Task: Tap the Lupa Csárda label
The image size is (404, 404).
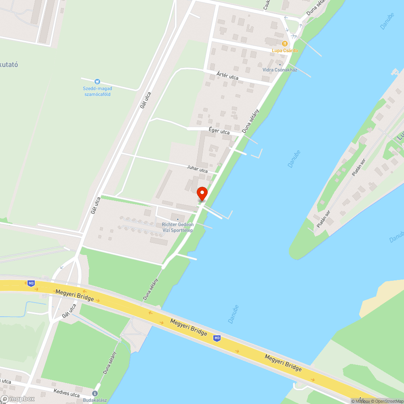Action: [x=284, y=50]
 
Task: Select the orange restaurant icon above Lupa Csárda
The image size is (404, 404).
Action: [x=284, y=43]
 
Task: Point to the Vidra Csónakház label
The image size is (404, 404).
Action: [x=280, y=70]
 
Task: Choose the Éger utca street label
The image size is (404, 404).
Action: [x=219, y=131]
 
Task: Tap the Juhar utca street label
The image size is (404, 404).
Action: [x=197, y=169]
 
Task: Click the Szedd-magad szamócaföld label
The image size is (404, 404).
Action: [x=97, y=91]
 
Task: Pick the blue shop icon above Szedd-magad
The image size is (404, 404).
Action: [x=97, y=82]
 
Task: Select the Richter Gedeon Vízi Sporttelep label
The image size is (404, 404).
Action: [x=177, y=227]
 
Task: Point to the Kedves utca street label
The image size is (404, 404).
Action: [x=67, y=392]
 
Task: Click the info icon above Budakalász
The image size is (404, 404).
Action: [x=95, y=393]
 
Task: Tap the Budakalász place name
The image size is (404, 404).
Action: [x=95, y=400]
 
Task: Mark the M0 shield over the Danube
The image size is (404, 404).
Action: [x=217, y=338]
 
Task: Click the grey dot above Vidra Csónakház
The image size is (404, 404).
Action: [x=280, y=64]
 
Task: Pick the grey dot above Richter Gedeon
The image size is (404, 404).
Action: [x=177, y=219]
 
